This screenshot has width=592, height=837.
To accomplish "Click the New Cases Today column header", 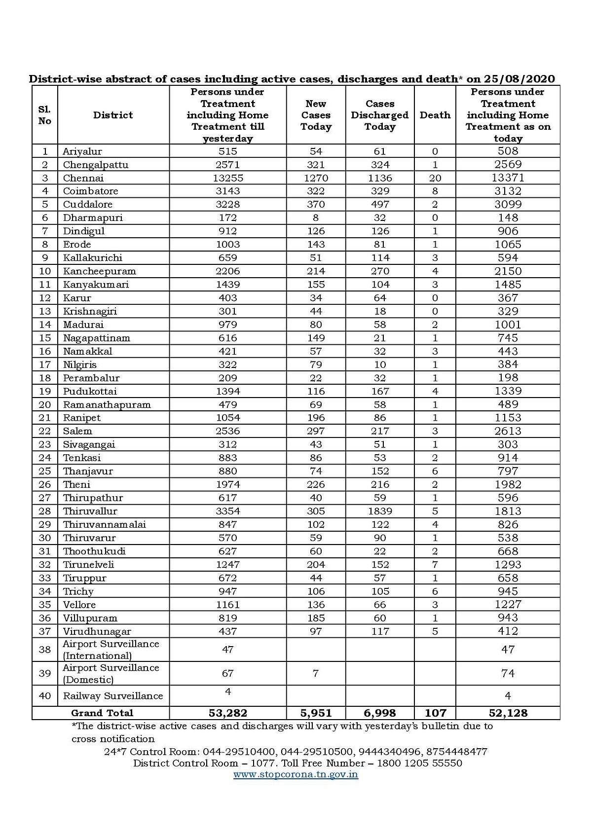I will (316, 115).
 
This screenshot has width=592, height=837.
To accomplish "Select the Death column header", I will (435, 115).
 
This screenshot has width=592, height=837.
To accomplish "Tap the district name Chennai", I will (83, 178).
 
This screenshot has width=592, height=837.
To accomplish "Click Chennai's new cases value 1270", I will (316, 178).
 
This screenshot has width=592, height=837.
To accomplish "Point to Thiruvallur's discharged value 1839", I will (380, 511).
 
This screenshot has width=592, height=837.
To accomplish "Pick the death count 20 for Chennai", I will (435, 178).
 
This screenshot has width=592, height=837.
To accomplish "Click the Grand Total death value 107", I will (435, 713).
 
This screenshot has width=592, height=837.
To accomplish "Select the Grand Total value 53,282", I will (227, 713).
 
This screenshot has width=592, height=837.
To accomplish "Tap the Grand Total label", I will (102, 713).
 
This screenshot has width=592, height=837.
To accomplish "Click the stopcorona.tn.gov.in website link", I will (296, 774).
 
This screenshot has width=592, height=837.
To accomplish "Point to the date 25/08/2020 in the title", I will (519, 79).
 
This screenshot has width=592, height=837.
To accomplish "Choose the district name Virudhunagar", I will (97, 631).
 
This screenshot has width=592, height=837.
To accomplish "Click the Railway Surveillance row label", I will (112, 696).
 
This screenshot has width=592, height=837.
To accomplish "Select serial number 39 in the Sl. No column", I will (44, 673).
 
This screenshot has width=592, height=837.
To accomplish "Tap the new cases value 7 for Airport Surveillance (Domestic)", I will (316, 673).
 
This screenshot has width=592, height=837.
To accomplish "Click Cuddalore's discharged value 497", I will (380, 205).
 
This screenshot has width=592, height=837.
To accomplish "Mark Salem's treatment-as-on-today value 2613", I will (508, 431).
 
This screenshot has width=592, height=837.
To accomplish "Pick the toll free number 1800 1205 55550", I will (419, 763).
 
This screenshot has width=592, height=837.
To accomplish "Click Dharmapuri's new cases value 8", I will (316, 218).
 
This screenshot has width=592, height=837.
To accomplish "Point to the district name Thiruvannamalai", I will (104, 525).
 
